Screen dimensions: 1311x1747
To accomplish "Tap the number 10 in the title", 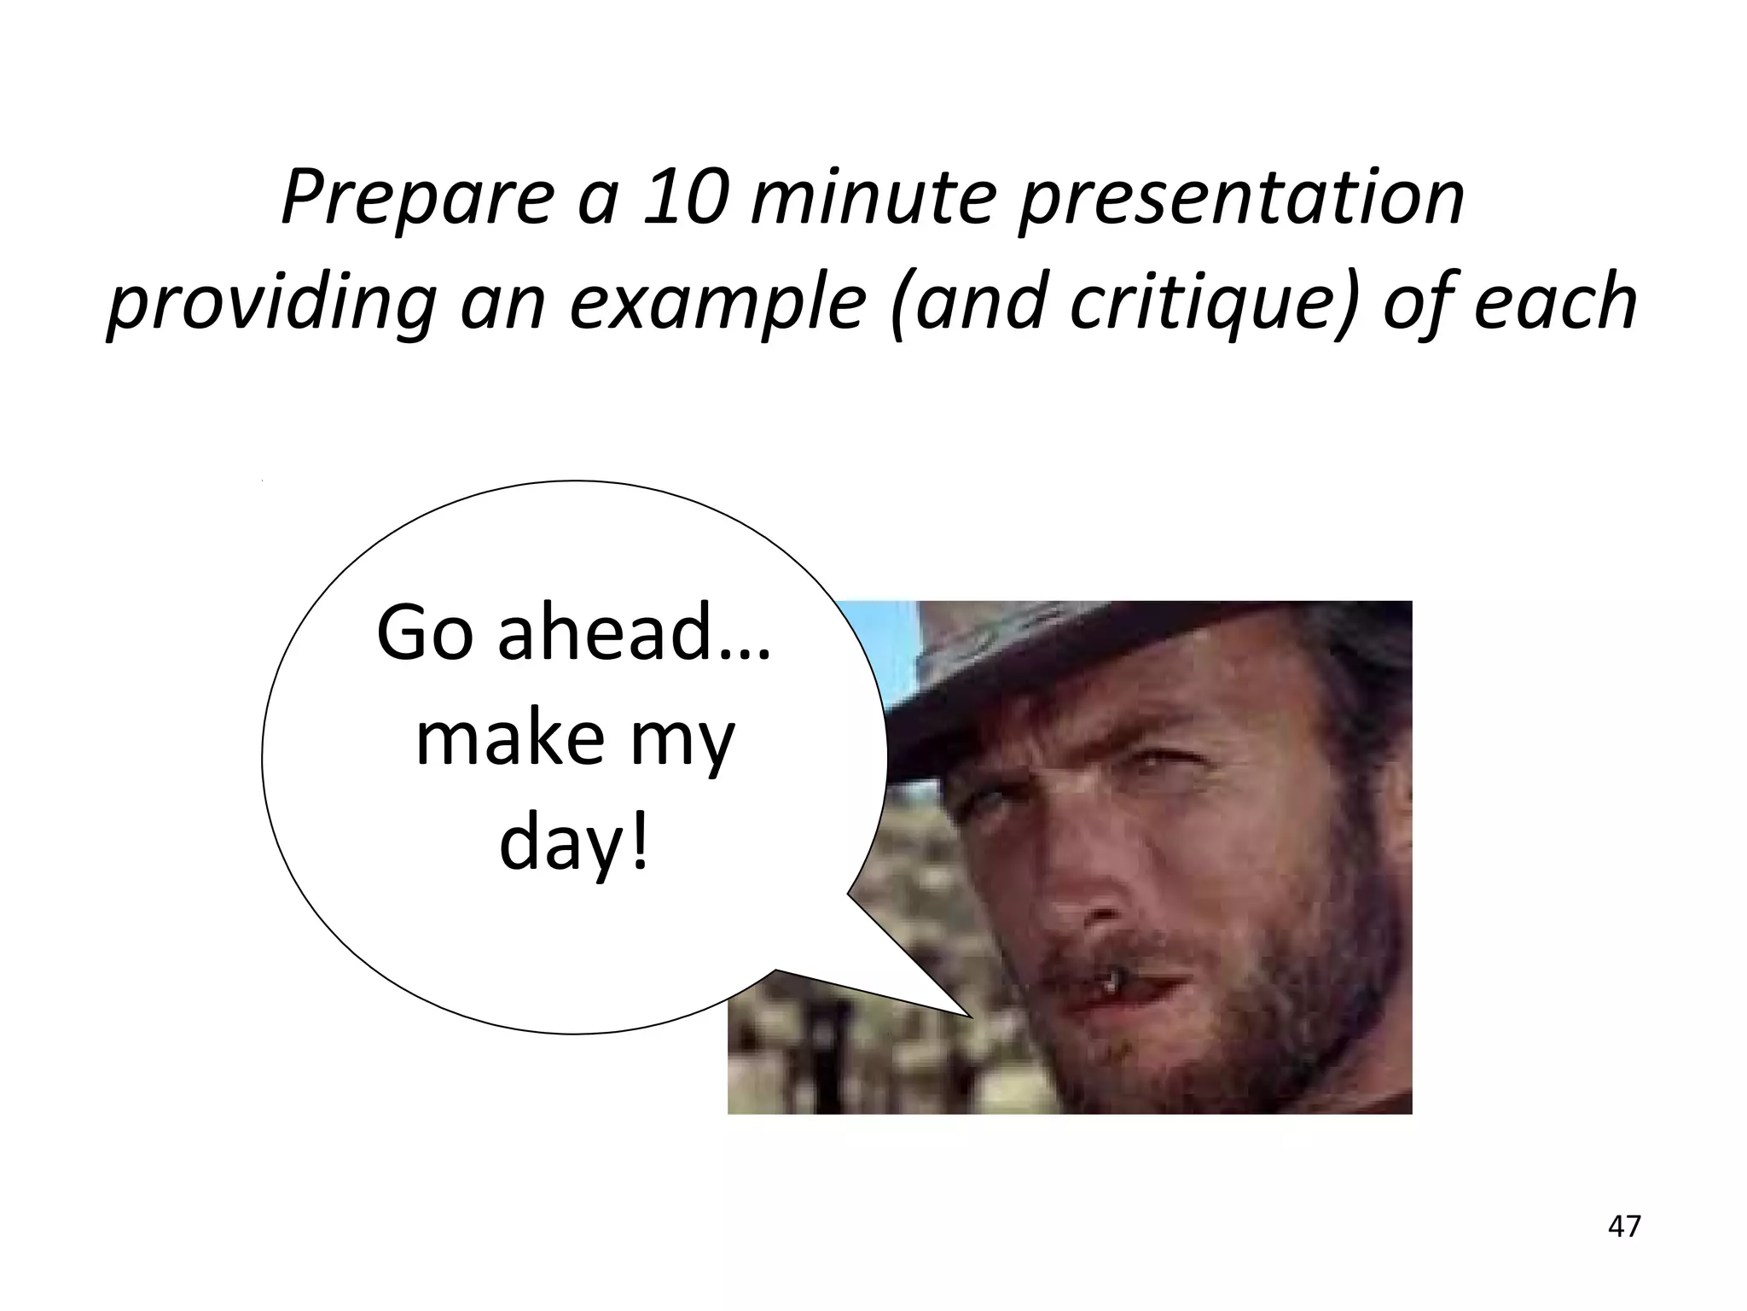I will (x=686, y=198).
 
